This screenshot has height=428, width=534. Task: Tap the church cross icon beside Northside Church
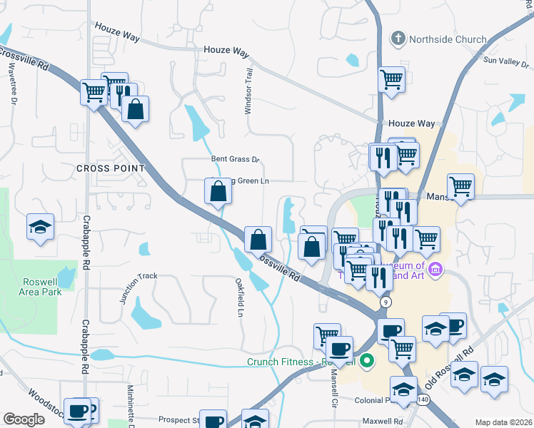(x=397, y=38)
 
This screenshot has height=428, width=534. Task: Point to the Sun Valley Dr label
(x=503, y=61)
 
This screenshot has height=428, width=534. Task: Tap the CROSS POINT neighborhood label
(x=110, y=168)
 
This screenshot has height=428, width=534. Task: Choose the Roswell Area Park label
(x=40, y=286)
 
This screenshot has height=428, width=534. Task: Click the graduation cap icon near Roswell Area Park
(x=40, y=228)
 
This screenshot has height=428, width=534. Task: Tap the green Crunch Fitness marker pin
(x=367, y=361)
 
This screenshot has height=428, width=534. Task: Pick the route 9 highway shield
(x=386, y=302)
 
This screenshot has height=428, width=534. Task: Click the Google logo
(x=24, y=419)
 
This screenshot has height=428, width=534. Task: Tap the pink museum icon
(x=436, y=270)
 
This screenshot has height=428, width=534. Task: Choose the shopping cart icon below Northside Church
(x=391, y=80)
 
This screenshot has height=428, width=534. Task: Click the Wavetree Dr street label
(x=13, y=86)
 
